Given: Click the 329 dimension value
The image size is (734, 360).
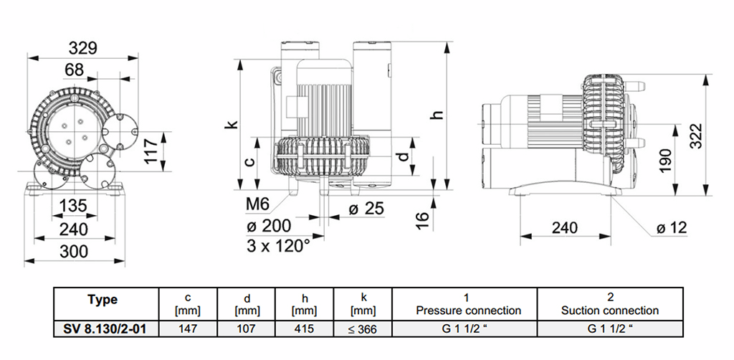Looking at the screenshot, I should [83, 48].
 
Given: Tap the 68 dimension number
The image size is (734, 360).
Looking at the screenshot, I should [75, 70].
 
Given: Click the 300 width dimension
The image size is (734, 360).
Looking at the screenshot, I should [74, 251].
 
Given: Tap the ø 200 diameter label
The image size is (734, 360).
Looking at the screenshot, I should [268, 226].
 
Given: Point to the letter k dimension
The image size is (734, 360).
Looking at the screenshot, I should [231, 124].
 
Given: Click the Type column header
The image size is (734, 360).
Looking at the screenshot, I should [101, 300].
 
